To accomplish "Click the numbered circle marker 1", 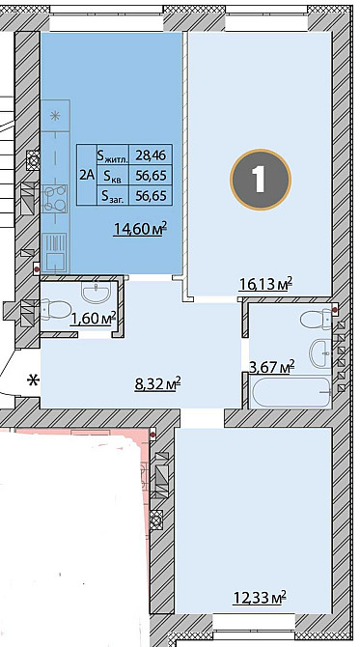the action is (261, 180).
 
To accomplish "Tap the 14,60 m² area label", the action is (140, 229).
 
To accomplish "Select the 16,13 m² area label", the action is (265, 284).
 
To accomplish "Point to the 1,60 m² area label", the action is (93, 319).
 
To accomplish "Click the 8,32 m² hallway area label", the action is (158, 384).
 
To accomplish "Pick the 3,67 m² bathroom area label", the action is (272, 366).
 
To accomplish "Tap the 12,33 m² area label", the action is (260, 597).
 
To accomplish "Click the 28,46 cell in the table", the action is (151, 155).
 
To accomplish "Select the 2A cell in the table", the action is (87, 175).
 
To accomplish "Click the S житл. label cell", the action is (113, 155).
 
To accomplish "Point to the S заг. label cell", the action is (113, 196).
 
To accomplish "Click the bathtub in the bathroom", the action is (291, 392).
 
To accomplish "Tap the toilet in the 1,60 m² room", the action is (56, 309).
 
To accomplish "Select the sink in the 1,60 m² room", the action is (97, 292).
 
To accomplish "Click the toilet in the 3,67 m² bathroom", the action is (317, 320).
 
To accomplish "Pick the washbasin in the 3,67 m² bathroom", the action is (320, 353).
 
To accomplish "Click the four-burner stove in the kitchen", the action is (54, 199).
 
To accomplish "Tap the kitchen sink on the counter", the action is (54, 252).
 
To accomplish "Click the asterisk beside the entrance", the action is (33, 380).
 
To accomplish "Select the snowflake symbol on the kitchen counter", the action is (54, 116).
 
